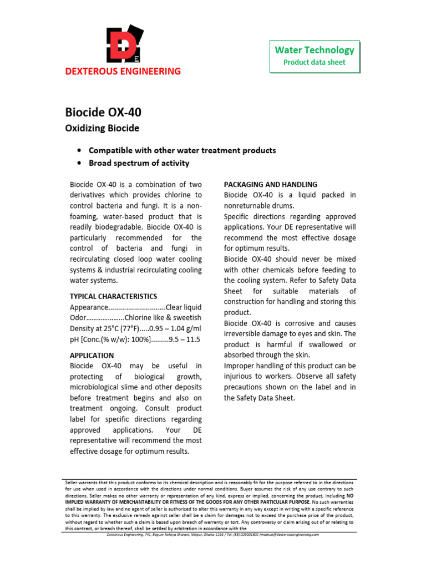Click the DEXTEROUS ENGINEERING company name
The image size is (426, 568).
click(x=123, y=71)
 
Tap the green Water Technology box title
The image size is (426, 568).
click(x=315, y=50)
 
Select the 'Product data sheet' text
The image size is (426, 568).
click(x=315, y=62)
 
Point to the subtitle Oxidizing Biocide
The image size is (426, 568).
click(x=103, y=129)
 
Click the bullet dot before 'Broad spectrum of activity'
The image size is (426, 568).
click(x=81, y=163)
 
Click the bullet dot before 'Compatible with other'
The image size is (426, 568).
click(x=81, y=150)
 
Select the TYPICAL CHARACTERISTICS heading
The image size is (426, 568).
click(x=113, y=296)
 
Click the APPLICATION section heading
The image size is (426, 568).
click(x=92, y=355)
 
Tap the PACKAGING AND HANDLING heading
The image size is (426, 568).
click(x=271, y=184)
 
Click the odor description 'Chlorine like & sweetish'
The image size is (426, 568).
click(x=163, y=318)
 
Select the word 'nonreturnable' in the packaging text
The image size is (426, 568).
click(x=250, y=205)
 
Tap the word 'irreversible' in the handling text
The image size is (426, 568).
click(x=247, y=333)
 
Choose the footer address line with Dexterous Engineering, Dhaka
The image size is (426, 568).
click(x=212, y=535)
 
